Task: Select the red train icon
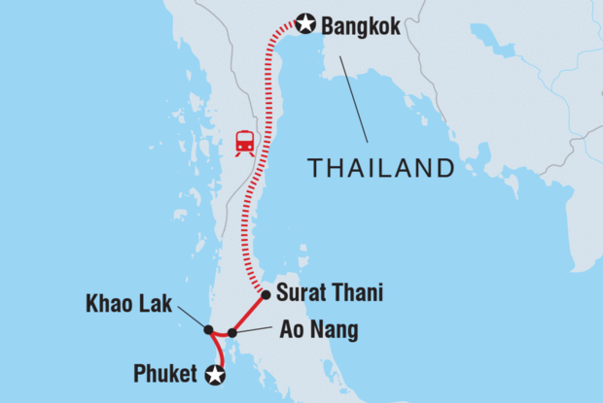(x=244, y=143)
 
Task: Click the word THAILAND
(x=381, y=168)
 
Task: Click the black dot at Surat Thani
(x=266, y=292)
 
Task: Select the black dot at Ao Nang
(x=231, y=333)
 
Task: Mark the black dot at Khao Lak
(x=208, y=330)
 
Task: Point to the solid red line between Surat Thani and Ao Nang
(x=249, y=313)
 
